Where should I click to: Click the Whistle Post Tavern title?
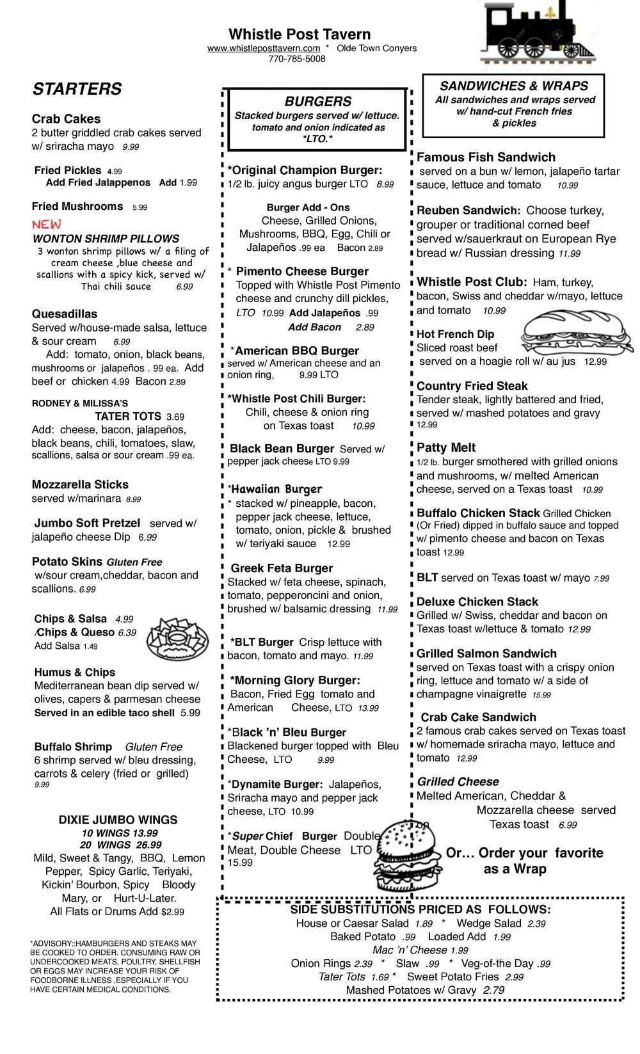pos(300,35)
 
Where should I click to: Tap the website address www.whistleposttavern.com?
pos(264,49)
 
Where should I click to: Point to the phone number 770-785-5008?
pos(297,59)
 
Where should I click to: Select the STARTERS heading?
pos(77,90)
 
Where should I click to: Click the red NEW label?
pos(47,225)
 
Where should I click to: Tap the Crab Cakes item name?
pos(66,119)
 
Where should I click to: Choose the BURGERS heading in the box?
pos(318,102)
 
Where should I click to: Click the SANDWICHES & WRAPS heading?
pos(514,86)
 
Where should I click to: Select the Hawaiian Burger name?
pos(276,490)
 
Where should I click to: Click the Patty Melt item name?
pos(446,448)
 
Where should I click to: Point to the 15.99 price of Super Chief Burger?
pos(240,863)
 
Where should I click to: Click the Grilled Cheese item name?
pos(458,782)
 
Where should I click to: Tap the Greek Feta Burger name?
pos(282,568)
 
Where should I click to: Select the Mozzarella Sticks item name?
pos(80,484)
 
